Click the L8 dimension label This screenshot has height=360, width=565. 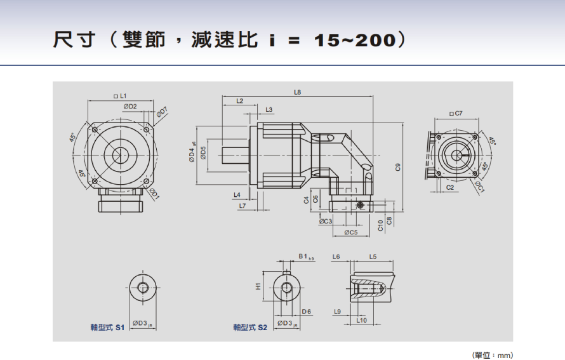(x=298, y=92)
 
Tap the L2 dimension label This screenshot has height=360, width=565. (x=239, y=101)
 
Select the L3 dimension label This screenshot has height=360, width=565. (x=269, y=110)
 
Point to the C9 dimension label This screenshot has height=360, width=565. (x=398, y=167)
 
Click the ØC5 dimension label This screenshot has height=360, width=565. (x=351, y=232)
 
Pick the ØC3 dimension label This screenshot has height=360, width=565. (x=326, y=221)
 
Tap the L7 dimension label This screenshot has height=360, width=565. (x=242, y=206)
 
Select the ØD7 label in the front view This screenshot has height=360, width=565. (x=163, y=112)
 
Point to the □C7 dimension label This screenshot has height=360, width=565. (x=456, y=113)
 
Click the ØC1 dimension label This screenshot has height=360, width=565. (x=481, y=185)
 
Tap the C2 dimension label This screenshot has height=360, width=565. (x=450, y=187)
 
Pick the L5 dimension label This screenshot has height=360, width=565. (x=373, y=257)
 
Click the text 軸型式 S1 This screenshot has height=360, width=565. (x=107, y=327)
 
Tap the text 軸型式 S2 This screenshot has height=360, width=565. (x=250, y=327)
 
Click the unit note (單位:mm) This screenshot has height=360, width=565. (x=492, y=355)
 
